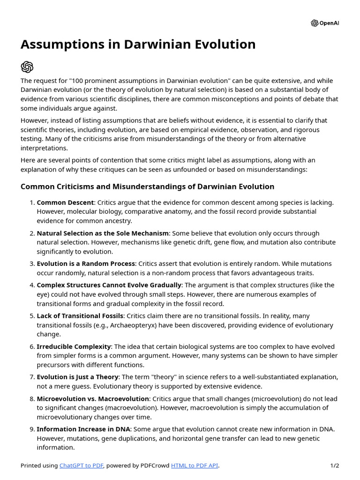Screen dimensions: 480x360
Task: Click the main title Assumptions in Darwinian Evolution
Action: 138,45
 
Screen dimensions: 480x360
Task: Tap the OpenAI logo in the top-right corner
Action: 324,23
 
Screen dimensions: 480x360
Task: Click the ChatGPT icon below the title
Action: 27,67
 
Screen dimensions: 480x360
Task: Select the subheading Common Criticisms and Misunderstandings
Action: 147,187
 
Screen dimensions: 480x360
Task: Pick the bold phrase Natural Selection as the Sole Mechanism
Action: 103,233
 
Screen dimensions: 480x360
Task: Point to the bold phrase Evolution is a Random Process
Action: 86,263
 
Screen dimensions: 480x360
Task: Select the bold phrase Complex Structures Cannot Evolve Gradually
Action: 109,285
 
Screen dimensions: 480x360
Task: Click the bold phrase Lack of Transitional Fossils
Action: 80,315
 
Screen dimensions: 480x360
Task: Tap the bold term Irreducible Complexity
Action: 74,346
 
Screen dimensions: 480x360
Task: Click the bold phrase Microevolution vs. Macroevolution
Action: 93,398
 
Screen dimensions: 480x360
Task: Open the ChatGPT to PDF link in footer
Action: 81,465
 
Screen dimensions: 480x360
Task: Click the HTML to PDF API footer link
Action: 195,465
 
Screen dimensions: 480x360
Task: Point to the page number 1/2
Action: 334,465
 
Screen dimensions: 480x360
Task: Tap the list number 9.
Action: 31,429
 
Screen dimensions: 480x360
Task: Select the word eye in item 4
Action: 42,294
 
